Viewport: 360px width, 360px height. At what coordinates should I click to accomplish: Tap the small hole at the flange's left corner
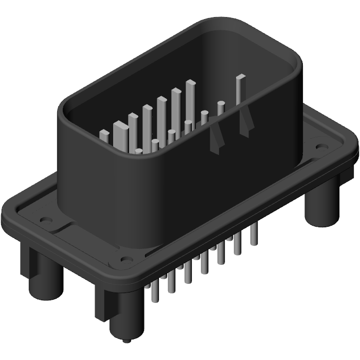(x=45, y=220)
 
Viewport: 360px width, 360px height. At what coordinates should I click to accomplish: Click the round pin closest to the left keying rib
(x=204, y=118)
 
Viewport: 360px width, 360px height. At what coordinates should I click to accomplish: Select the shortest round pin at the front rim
(x=138, y=151)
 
